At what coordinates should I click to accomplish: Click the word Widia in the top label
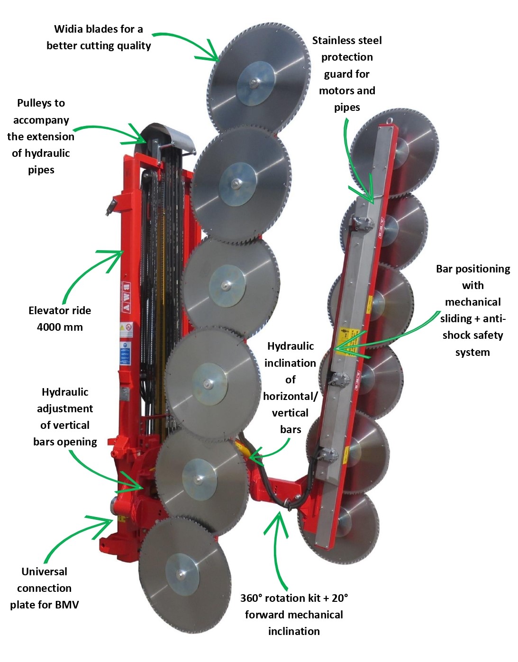pos(67,29)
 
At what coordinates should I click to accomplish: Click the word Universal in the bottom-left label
pos(44,572)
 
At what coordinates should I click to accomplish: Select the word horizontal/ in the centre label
pos(290,397)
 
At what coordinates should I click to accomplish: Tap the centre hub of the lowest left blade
pos(181,575)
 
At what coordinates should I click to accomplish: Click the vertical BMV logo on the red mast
pos(126,298)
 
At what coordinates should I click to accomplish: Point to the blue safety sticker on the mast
pos(125,353)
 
